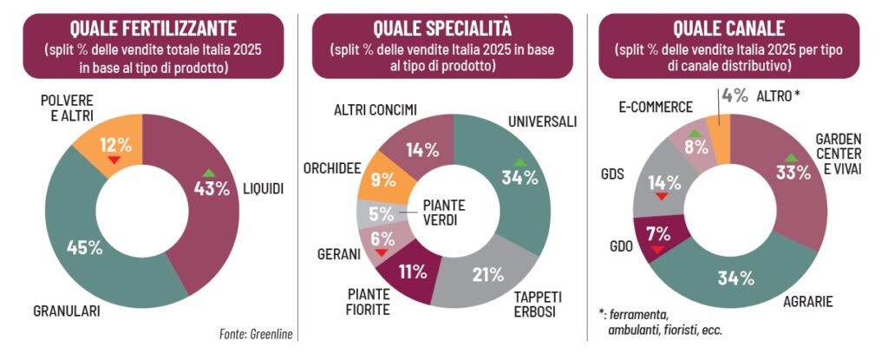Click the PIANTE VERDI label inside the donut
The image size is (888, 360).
click(443, 212)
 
